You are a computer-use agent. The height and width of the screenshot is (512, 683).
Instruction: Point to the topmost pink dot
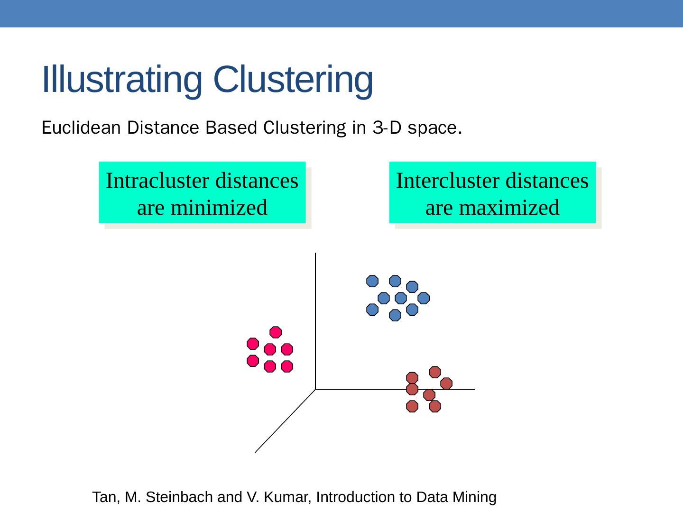(276, 332)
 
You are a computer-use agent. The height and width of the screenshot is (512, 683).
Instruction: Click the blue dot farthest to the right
(424, 298)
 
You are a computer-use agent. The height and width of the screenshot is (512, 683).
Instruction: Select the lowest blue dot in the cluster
(395, 315)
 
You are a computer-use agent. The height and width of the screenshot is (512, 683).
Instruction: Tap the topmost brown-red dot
(435, 372)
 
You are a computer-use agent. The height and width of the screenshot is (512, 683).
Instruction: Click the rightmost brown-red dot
(446, 383)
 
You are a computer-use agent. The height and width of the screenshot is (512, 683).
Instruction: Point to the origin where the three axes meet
(315, 389)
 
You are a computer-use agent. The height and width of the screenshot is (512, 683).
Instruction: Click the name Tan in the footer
(103, 497)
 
